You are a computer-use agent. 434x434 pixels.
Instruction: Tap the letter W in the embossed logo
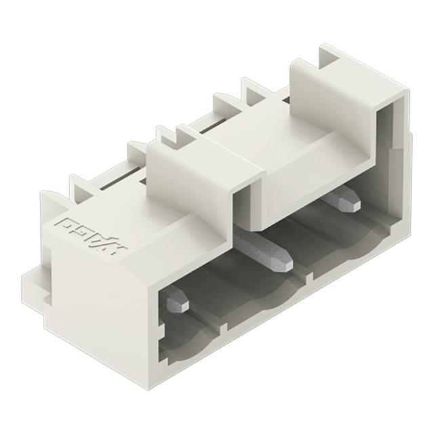tap(113, 239)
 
